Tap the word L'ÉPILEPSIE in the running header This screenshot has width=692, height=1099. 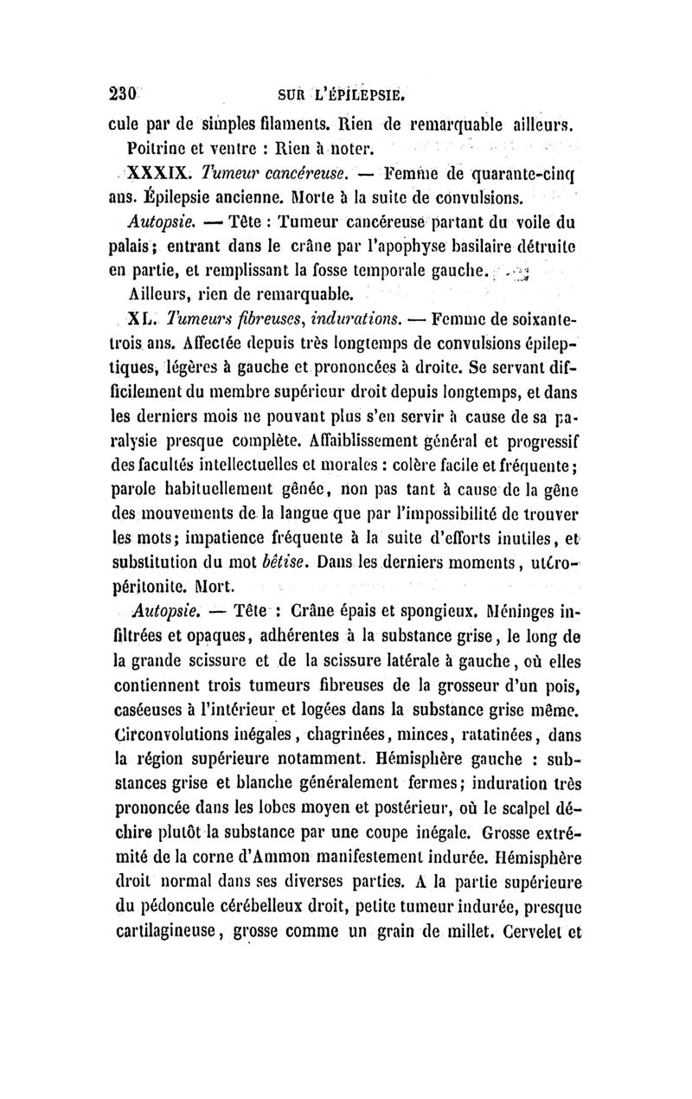point(359,93)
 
